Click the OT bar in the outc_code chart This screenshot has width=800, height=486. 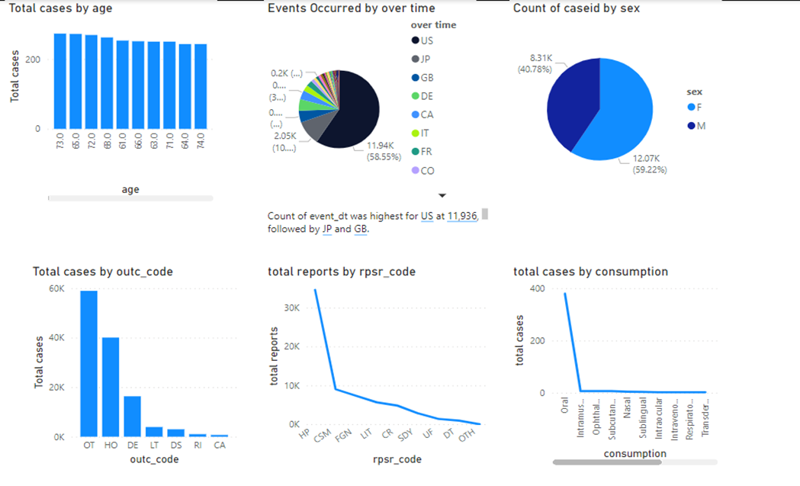89,364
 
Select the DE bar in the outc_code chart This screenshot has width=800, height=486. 132,416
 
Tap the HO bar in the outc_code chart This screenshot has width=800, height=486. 111,387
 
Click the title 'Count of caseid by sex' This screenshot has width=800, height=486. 576,8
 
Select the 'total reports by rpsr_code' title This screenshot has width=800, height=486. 341,272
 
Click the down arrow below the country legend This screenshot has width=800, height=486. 442,196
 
